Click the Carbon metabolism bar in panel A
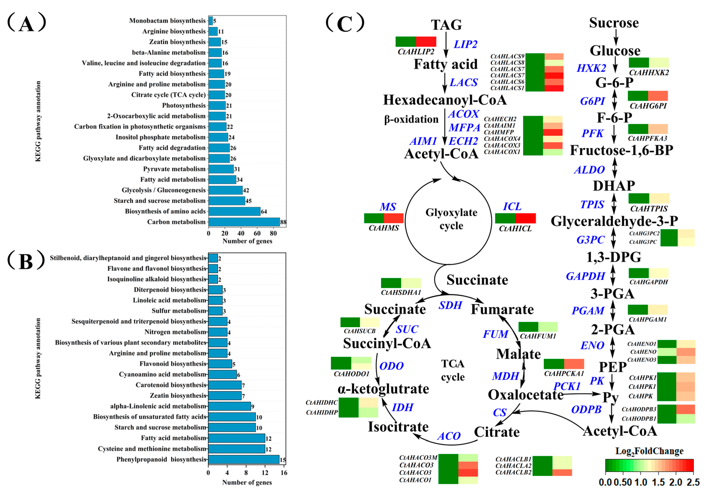244,222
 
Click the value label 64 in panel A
264,211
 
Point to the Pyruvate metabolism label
174,169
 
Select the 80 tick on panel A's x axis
273,233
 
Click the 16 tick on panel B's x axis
284,473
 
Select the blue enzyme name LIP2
465,44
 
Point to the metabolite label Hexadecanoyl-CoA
445,100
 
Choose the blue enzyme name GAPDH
585,276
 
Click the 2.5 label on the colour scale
693,482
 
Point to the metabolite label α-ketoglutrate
383,389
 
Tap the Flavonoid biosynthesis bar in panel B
220,364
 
